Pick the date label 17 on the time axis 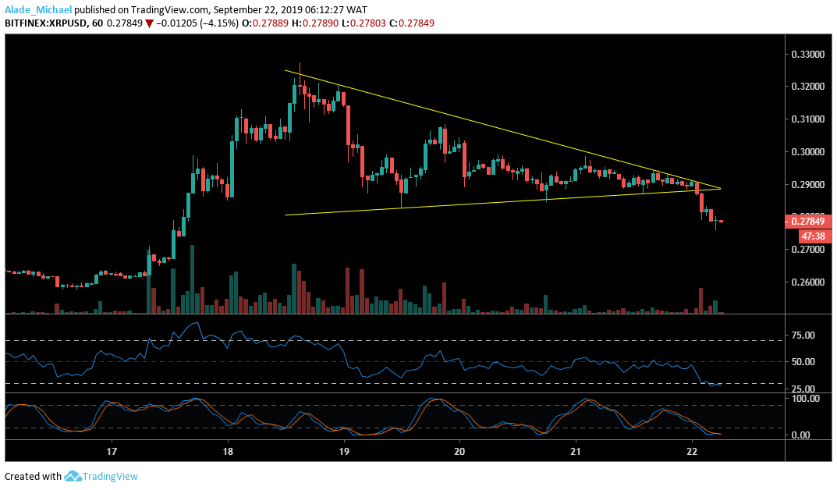click(112, 452)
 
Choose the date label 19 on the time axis click(344, 452)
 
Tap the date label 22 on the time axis click(692, 452)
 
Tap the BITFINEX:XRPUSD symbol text click(44, 23)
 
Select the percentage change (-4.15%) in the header click(199, 23)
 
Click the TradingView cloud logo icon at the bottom click(74, 476)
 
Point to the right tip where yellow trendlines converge click(720, 189)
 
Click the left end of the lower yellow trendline click(286, 215)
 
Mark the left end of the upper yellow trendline click(285, 71)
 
